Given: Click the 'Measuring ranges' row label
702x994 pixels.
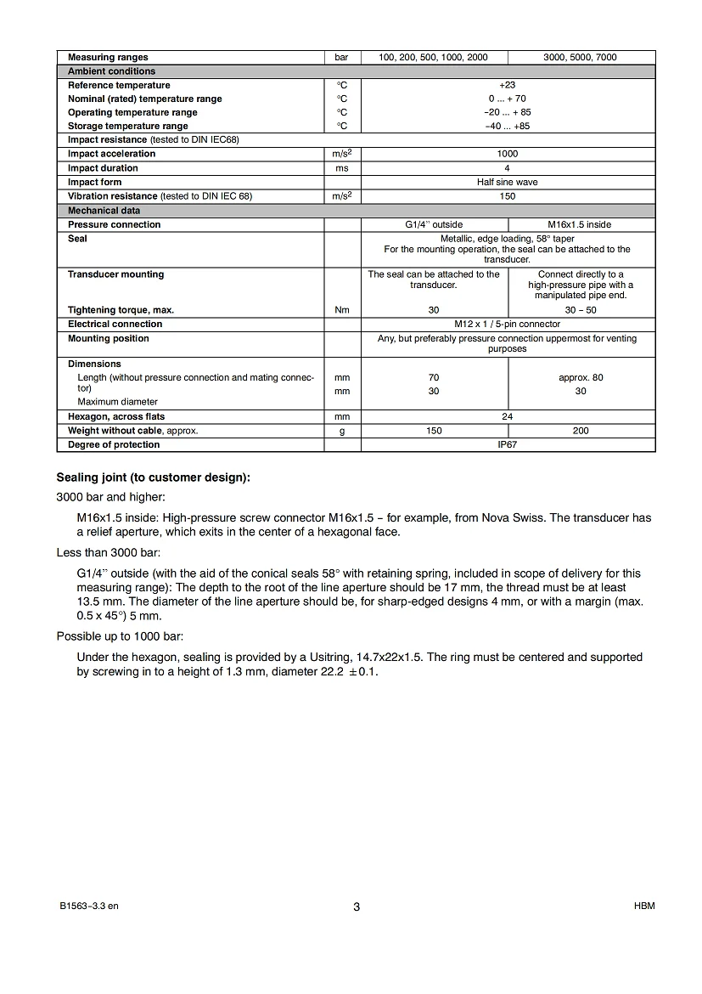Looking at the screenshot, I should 108,58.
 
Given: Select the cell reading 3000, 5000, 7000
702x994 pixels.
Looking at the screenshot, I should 581,58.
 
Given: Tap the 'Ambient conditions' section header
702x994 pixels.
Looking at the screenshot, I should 111,71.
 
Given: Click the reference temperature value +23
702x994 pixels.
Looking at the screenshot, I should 508,85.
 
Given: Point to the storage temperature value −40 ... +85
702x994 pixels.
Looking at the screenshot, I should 508,126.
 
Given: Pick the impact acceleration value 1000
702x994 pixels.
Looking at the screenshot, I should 508,154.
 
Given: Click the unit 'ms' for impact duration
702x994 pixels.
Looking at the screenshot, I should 342,168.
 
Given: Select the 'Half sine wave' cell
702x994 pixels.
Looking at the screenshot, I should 508,182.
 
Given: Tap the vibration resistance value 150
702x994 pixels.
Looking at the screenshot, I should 508,196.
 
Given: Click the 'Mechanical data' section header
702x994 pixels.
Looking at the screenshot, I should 104,210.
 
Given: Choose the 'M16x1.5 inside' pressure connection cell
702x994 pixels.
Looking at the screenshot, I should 581,224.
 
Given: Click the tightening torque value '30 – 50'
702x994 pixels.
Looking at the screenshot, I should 581,310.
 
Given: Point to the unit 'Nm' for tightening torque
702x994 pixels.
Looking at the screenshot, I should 342,310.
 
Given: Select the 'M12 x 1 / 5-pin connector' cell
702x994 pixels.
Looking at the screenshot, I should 508,324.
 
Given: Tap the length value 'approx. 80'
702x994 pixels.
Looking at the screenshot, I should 581,377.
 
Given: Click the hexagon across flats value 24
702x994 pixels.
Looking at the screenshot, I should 508,416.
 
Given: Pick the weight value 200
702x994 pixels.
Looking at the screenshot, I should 581,431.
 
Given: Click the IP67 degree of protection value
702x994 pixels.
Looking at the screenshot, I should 508,444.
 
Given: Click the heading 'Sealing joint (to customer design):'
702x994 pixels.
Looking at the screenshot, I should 153,477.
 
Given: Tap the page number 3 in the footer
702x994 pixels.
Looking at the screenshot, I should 357,906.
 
